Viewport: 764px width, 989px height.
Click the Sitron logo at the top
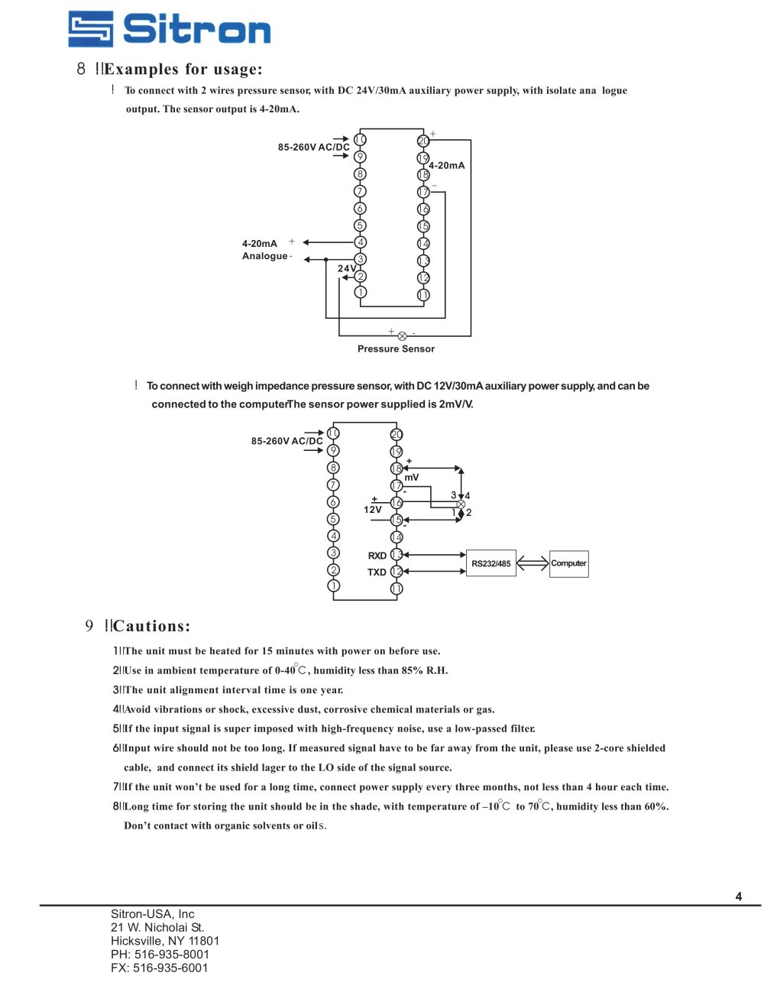(x=169, y=29)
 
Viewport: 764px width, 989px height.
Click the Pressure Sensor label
(x=396, y=349)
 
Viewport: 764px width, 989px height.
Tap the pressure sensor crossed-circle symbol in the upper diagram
(x=402, y=336)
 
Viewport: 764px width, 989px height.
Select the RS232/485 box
(x=491, y=563)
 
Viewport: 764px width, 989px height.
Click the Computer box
(x=569, y=563)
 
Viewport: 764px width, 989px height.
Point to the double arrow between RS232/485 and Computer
(x=533, y=563)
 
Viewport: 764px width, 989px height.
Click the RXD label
(x=377, y=556)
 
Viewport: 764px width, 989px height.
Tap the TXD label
(x=377, y=572)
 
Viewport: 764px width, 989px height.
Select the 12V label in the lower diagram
(x=373, y=510)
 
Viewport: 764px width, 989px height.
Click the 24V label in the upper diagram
(x=347, y=268)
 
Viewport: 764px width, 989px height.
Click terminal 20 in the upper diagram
(x=423, y=141)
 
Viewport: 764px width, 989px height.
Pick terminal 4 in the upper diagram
(x=360, y=242)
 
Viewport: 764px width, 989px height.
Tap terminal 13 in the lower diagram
(x=397, y=554)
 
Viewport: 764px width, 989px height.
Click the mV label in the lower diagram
(x=412, y=478)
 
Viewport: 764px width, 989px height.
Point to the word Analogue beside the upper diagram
(x=264, y=256)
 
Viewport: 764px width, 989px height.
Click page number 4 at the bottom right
(x=739, y=897)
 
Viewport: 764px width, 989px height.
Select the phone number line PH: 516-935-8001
(x=160, y=955)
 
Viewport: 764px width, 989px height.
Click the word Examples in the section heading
(x=141, y=70)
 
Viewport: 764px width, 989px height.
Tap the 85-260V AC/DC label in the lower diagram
(x=287, y=441)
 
